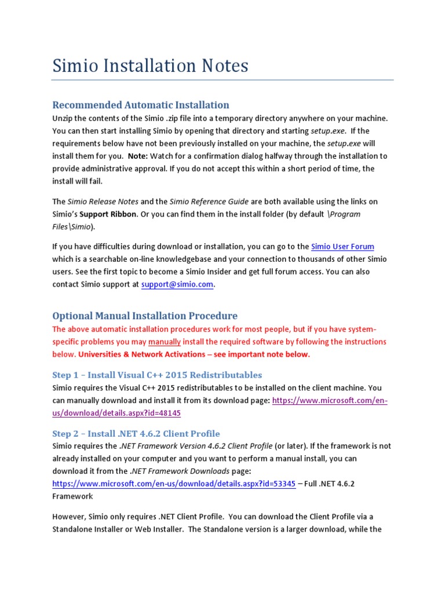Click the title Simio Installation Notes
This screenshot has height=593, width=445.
point(150,65)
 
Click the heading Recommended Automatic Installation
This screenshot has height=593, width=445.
point(141,105)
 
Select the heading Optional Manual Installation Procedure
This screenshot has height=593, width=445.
point(145,316)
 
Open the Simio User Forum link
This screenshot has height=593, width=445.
point(342,246)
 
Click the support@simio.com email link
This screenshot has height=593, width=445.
point(177,284)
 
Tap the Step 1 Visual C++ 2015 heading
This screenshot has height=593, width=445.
point(157,375)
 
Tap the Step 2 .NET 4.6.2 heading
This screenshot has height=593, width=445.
point(136,433)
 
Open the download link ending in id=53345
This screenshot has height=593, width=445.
point(174,484)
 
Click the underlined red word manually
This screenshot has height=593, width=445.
point(165,342)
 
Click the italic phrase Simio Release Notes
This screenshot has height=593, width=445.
point(103,202)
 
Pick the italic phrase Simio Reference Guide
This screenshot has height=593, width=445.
point(209,202)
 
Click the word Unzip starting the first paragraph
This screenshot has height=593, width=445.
point(63,118)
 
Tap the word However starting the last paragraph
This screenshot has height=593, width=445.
point(70,517)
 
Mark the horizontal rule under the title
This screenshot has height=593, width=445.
point(223,80)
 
